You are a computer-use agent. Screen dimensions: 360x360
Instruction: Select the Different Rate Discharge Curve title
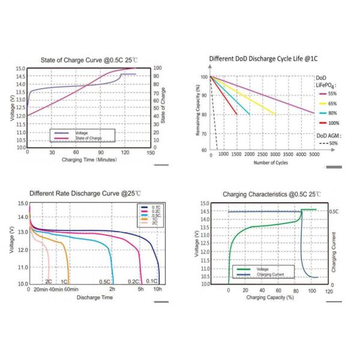pos(85,194)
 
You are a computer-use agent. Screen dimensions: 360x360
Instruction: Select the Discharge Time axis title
pos(94,297)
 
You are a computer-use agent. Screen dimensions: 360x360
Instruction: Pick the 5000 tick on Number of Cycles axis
pos(314,155)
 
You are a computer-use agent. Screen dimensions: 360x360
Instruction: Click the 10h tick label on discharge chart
pos(157,289)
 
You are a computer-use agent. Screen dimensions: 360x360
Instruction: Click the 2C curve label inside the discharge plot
pos(49,281)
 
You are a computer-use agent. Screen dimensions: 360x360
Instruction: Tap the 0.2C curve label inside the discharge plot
pos(133,281)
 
